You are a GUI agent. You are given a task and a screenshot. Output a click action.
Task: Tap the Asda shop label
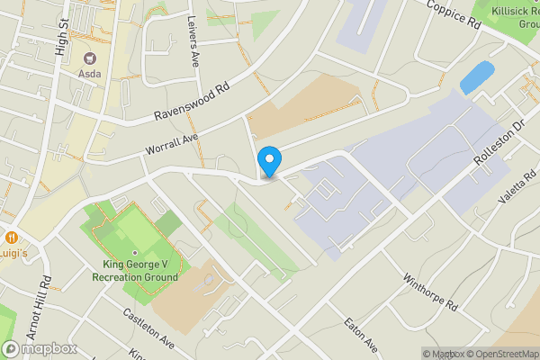click(x=89, y=73)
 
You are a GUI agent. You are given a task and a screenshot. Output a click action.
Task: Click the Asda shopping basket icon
click(x=89, y=57)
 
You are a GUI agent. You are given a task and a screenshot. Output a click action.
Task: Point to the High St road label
click(x=61, y=37)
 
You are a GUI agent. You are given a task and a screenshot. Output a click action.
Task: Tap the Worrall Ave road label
click(x=169, y=142)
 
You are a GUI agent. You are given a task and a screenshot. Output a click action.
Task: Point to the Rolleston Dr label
click(x=499, y=145)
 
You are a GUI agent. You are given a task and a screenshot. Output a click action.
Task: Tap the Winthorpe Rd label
click(x=430, y=292)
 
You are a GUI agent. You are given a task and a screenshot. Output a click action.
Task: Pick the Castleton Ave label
click(x=148, y=330)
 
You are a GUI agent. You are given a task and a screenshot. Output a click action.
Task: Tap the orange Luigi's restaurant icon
click(x=12, y=238)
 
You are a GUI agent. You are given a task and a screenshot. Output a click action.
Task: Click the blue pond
click(x=476, y=76)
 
